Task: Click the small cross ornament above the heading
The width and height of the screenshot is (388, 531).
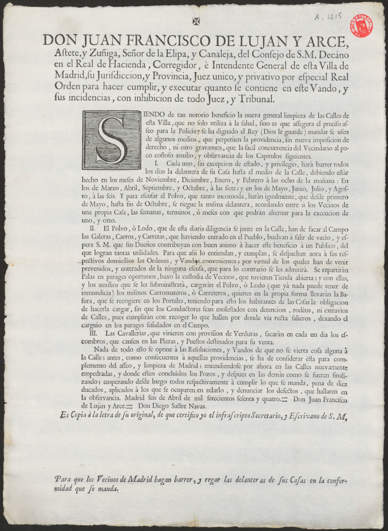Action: [197, 21]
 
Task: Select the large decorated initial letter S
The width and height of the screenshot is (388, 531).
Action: [111, 140]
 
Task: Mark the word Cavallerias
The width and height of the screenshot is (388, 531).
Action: [130, 333]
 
